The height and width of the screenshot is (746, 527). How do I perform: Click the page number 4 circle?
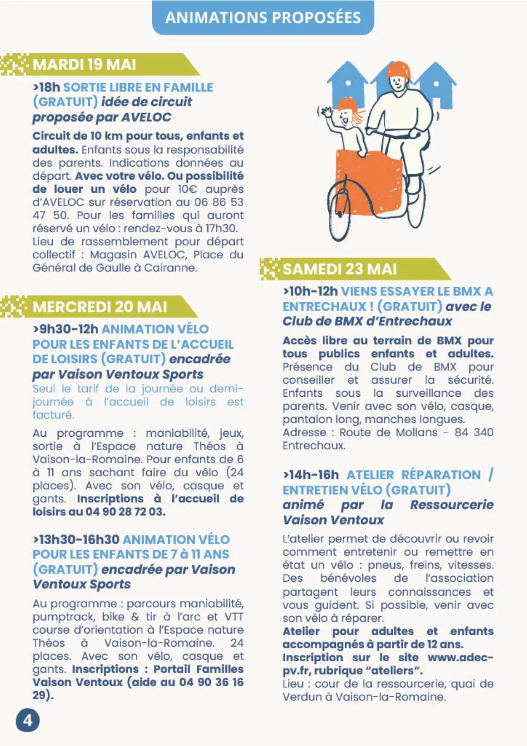pyautogui.click(x=28, y=720)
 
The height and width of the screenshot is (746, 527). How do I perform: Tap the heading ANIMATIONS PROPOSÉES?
pyautogui.click(x=263, y=18)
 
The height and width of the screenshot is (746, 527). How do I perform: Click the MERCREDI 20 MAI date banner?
pyautogui.click(x=100, y=307)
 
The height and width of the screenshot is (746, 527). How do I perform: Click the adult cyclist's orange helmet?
pyautogui.click(x=399, y=70)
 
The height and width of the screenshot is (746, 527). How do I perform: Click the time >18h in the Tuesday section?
pyautogui.click(x=47, y=87)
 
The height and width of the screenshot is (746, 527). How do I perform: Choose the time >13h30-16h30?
pyautogui.click(x=76, y=539)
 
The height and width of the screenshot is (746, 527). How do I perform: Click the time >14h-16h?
pyautogui.click(x=311, y=475)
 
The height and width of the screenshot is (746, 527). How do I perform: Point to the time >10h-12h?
pyautogui.click(x=310, y=291)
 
